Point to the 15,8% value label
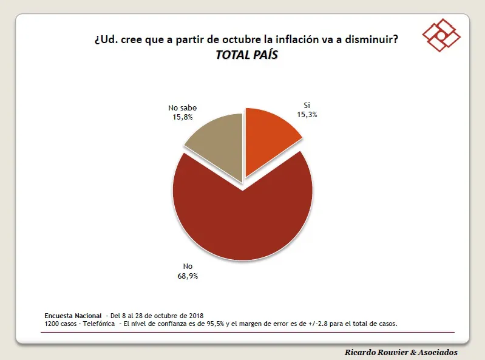point(183,117)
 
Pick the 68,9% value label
point(188,276)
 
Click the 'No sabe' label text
point(183,108)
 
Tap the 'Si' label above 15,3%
point(307,105)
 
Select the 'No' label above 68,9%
point(188,267)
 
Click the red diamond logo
point(442,35)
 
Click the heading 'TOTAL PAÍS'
point(246,55)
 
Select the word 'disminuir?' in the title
point(371,40)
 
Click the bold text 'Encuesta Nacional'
point(73,316)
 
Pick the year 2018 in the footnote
point(195,316)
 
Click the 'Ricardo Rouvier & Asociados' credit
point(401,352)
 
